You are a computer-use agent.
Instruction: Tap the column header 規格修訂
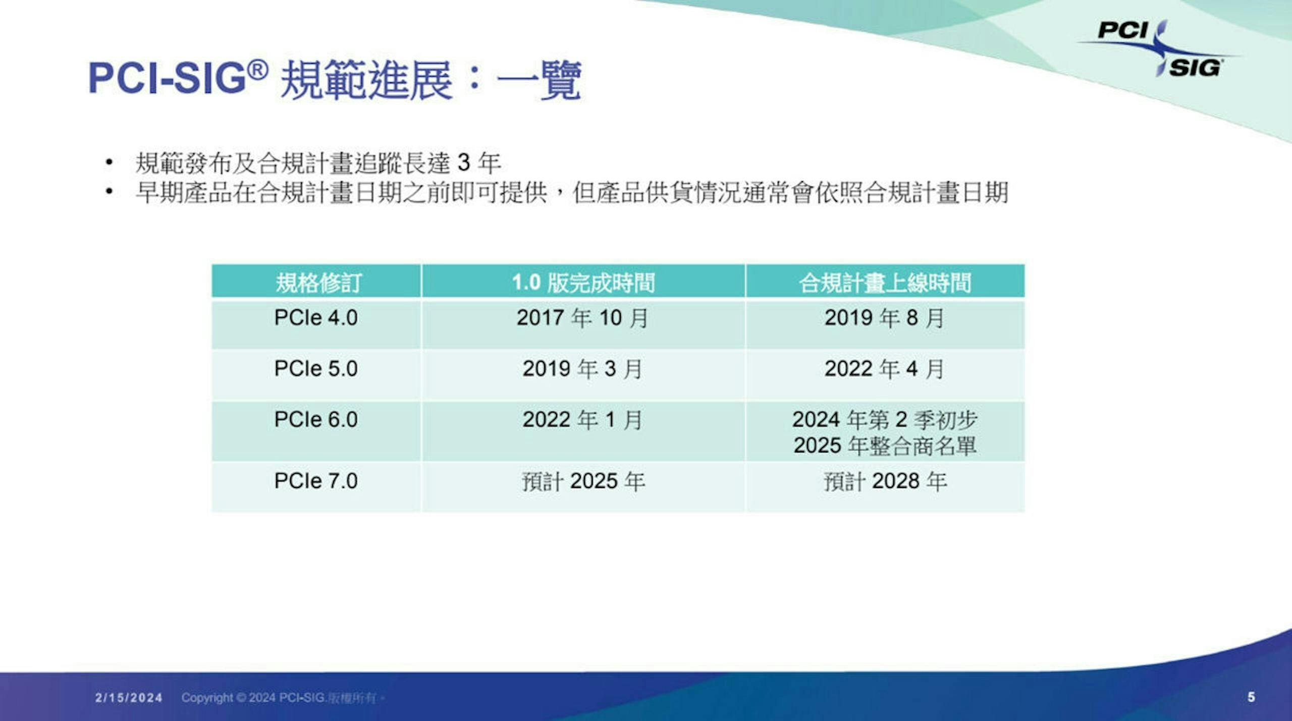click(x=318, y=283)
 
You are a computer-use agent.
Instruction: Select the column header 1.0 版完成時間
click(x=583, y=283)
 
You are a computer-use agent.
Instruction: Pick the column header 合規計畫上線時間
click(x=885, y=283)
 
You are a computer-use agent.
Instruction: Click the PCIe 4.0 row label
click(x=316, y=318)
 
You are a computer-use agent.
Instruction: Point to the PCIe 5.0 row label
click(x=316, y=369)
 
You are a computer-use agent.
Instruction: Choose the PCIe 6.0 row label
click(x=316, y=420)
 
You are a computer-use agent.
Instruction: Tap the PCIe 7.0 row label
click(x=316, y=481)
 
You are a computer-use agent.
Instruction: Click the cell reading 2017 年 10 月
click(x=582, y=318)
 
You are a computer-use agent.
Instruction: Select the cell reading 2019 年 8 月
click(x=884, y=318)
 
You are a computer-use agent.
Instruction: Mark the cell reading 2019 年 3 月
click(x=582, y=369)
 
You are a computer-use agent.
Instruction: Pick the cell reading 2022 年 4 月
click(x=884, y=369)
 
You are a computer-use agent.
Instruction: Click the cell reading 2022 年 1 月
click(x=582, y=420)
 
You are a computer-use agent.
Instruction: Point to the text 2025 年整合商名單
click(x=885, y=446)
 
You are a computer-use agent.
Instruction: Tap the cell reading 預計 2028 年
click(x=885, y=481)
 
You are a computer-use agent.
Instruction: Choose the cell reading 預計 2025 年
click(x=583, y=481)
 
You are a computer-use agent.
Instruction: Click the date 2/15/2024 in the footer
click(x=129, y=698)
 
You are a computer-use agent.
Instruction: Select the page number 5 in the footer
click(x=1251, y=697)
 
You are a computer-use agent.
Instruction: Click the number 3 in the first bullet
click(x=463, y=163)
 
